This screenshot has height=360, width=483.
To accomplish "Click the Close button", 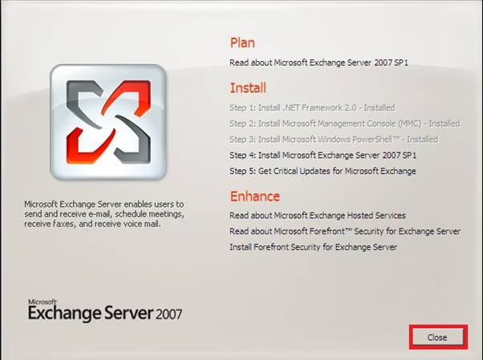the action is pos(438,338).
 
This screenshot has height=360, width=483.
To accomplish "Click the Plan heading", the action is pos(242,42).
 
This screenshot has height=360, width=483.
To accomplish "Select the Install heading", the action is pos(248,88).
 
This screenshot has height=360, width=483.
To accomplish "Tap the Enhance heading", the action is pos(255,196).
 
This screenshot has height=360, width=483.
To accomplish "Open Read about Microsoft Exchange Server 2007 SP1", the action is pos(319,63).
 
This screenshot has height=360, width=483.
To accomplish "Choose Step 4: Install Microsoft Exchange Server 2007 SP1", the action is pos(323,156).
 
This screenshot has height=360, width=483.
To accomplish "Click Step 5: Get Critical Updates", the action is pos(323,171).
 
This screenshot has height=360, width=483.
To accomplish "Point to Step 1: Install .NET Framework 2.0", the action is pos(312,107).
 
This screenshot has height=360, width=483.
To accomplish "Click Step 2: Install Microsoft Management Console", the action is pos(345,123).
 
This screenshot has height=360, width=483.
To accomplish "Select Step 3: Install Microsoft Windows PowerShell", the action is pos(334,140).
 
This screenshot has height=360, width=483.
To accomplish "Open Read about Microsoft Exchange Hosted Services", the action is pos(318,215).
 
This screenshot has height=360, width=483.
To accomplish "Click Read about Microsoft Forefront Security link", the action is pos(345,231).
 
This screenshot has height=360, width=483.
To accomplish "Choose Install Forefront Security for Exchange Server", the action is pos(313,247).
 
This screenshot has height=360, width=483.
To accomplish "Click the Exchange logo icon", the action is pos(108,122).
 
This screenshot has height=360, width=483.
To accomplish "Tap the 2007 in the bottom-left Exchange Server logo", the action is pos(168,314).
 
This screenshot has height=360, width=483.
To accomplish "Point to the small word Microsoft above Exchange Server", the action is pos(43,301).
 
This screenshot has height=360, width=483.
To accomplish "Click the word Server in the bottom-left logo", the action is pos(128,313).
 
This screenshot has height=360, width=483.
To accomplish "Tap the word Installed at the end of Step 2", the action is pos(444,123).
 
